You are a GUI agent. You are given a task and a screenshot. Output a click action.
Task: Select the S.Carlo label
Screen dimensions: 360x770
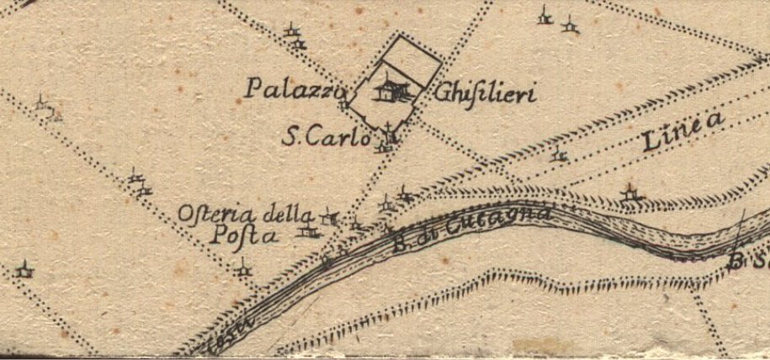(x=325, y=138)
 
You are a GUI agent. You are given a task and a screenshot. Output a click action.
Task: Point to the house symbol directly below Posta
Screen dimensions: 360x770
(x=243, y=268)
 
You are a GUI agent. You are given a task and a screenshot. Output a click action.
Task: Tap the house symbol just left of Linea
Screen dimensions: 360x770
(x=558, y=155)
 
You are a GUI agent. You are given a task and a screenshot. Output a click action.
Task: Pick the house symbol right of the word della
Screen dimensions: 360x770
(x=332, y=217)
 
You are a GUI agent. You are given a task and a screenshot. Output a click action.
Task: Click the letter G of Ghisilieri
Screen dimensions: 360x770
(x=443, y=93)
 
